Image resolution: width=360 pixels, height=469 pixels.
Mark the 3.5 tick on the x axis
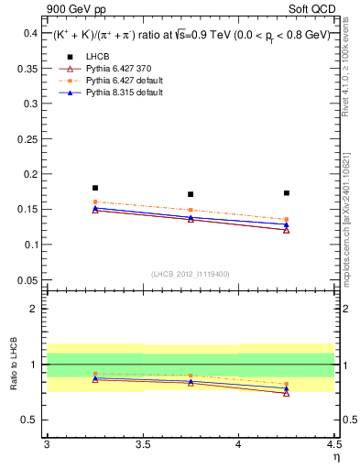coord(142,444)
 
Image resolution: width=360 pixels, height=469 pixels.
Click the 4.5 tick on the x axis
coord(333,444)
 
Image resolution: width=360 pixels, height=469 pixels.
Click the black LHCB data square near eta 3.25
coord(94,188)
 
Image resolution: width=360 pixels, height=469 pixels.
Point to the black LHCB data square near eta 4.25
coord(287,193)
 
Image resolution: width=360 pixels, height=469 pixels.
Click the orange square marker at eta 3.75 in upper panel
coord(191,211)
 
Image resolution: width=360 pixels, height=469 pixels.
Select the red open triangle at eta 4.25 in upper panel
coord(287,230)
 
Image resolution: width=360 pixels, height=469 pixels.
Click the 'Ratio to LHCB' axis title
coord(12,365)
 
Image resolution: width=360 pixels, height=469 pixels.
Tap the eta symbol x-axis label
coord(335,456)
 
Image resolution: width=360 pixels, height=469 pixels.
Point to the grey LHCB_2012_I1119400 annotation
coord(191,274)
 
